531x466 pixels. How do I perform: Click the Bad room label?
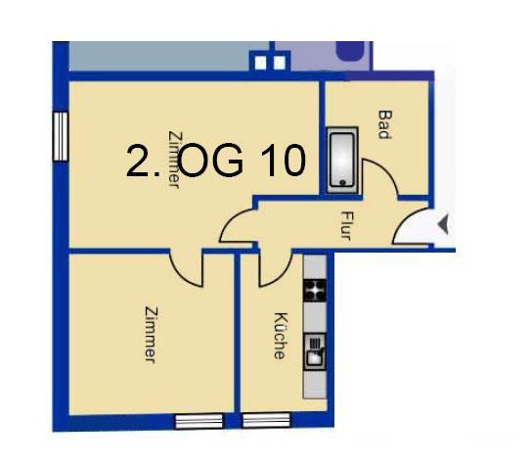click(x=384, y=124)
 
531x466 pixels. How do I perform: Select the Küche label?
click(x=281, y=336)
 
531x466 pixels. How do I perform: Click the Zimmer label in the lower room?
click(x=152, y=335)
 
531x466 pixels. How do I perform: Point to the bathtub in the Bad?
click(x=342, y=160)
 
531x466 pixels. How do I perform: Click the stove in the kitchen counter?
click(x=315, y=291)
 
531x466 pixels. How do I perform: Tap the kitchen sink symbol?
click(x=315, y=351)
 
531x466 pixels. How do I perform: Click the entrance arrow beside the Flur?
click(x=443, y=224)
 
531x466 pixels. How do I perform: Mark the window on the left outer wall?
click(x=61, y=136)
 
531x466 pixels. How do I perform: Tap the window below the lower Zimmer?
click(x=199, y=421)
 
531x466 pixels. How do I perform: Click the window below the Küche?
click(x=267, y=420)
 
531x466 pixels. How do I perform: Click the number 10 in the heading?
click(x=284, y=160)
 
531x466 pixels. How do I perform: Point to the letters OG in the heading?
click(x=210, y=161)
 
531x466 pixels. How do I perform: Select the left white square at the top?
click(x=260, y=63)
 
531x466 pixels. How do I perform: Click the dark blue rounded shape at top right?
click(x=350, y=51)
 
